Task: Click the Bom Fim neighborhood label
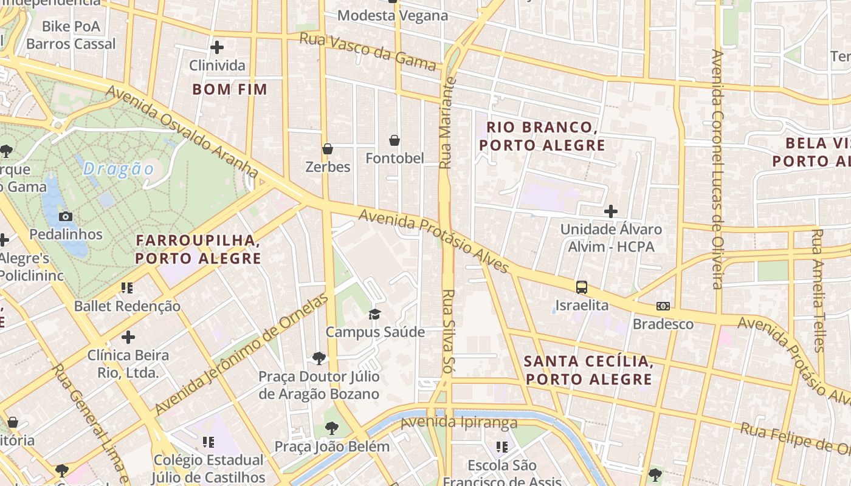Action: (230, 89)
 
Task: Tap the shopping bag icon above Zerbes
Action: (328, 149)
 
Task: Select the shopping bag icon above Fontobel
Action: (394, 141)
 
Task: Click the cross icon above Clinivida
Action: (217, 47)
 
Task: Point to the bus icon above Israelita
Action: (582, 287)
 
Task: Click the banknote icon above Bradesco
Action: (663, 306)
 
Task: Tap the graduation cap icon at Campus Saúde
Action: (374, 314)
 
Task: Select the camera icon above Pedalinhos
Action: (66, 216)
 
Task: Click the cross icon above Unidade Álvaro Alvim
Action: (611, 211)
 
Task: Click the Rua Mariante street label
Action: (447, 122)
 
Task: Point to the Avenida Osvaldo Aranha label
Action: (182, 132)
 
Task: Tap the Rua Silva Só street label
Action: (448, 334)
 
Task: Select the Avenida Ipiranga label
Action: (459, 422)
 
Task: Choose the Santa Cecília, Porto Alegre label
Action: (588, 370)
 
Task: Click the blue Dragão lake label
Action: (119, 168)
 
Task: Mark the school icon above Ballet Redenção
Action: (126, 288)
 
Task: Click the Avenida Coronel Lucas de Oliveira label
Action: (718, 169)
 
